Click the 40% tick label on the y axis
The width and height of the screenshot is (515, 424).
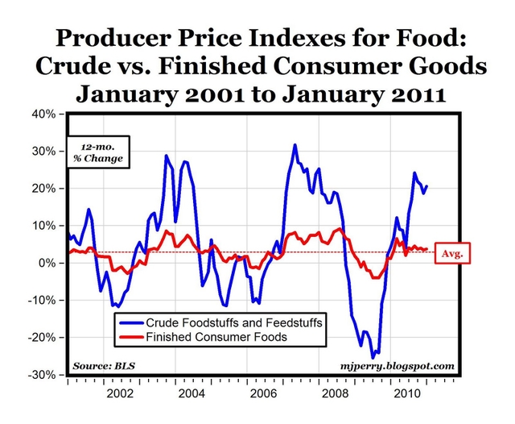point(45,114)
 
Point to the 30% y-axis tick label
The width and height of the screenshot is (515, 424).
point(45,151)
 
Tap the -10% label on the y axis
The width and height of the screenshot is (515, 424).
point(43,301)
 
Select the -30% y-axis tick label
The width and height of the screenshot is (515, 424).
point(43,376)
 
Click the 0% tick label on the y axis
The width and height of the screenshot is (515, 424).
point(48,264)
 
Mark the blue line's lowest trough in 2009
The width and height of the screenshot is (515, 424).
point(373,357)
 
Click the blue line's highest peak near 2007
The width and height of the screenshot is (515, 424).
point(295,145)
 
